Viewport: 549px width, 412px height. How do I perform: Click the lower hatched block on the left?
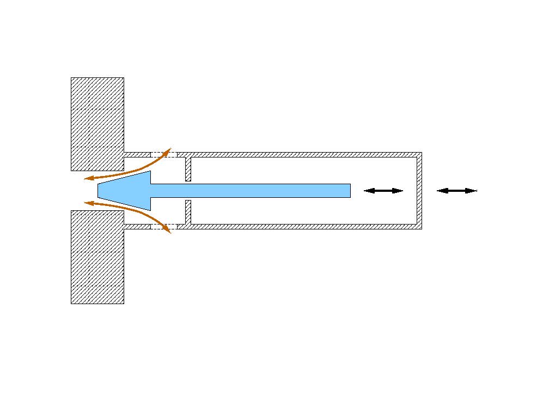(97, 257)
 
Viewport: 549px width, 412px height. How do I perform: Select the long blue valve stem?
(251, 191)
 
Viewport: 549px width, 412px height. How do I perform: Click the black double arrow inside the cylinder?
(383, 191)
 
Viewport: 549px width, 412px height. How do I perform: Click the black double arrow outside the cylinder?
(457, 191)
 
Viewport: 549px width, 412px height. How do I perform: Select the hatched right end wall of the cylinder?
(419, 191)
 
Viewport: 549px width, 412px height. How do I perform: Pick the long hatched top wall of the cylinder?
(300, 155)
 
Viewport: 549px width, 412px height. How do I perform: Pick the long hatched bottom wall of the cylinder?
(300, 226)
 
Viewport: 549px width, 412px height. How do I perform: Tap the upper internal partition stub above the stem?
(188, 169)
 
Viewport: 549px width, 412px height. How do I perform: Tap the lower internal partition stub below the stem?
(188, 213)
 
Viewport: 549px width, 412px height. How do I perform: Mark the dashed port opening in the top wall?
(163, 155)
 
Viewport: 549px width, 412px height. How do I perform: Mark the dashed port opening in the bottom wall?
(163, 226)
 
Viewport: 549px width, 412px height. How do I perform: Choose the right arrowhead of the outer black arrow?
(472, 191)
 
